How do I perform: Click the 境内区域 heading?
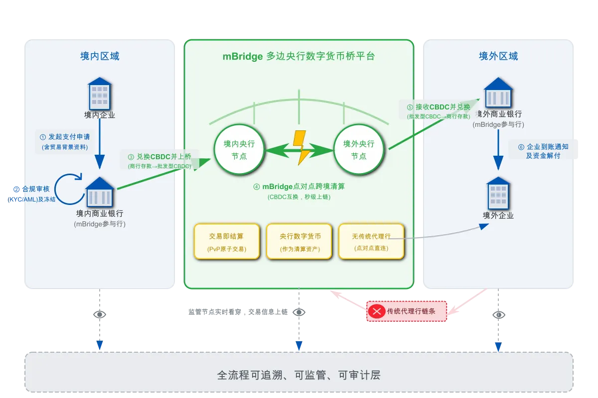coord(100,56)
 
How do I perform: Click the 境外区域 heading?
coord(498,56)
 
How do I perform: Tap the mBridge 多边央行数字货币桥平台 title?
coord(299,56)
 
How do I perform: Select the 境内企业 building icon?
coord(100,94)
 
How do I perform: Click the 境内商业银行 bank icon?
coord(100,192)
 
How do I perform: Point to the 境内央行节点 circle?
coord(239,150)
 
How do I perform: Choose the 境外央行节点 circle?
coord(359,150)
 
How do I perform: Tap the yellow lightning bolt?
coord(300,147)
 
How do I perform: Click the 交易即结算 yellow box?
coord(227,241)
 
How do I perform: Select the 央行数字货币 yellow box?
coord(299,241)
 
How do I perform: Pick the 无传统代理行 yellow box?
coord(371,241)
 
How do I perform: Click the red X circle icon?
coord(376,312)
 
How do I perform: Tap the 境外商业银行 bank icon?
coord(498,93)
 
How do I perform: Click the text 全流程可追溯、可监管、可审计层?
coord(299,375)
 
